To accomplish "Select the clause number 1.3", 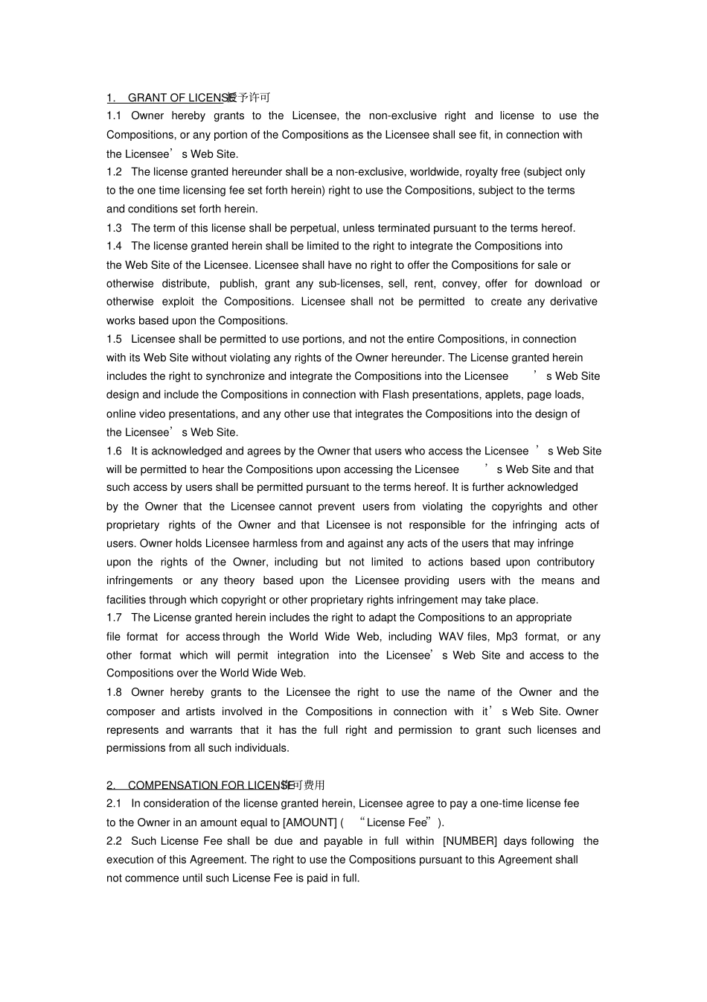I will coord(114,228).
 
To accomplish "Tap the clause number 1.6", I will coord(114,451).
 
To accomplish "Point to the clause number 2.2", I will coord(114,841).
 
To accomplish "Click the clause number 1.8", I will coord(114,692).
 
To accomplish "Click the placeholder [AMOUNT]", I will coord(310,822).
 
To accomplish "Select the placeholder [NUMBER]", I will coord(470,841).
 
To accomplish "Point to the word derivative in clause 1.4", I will coord(574,302).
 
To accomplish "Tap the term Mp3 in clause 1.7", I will coord(507,637).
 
